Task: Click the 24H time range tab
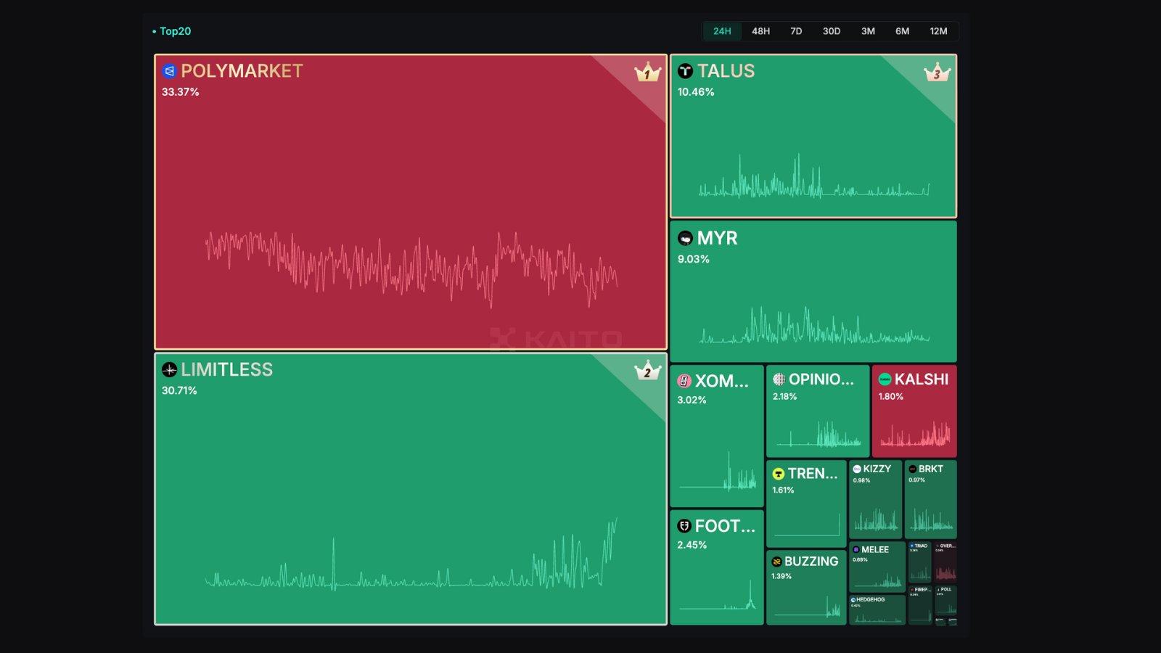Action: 722,31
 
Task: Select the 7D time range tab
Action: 796,31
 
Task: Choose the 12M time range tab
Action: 938,31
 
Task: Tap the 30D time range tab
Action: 832,31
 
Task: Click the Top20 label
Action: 175,31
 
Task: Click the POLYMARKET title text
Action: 242,71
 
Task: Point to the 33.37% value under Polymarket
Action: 180,92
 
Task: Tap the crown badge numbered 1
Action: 647,73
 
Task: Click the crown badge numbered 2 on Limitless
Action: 647,371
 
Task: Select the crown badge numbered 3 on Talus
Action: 937,73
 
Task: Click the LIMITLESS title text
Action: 226,370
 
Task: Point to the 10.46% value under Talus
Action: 696,92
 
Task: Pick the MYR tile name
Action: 717,238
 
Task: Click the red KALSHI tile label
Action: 921,379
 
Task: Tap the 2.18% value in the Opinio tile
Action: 784,397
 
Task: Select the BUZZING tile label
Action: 811,562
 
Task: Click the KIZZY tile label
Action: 877,469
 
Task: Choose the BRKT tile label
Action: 930,469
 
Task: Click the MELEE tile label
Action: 874,550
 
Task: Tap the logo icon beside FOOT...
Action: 684,526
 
